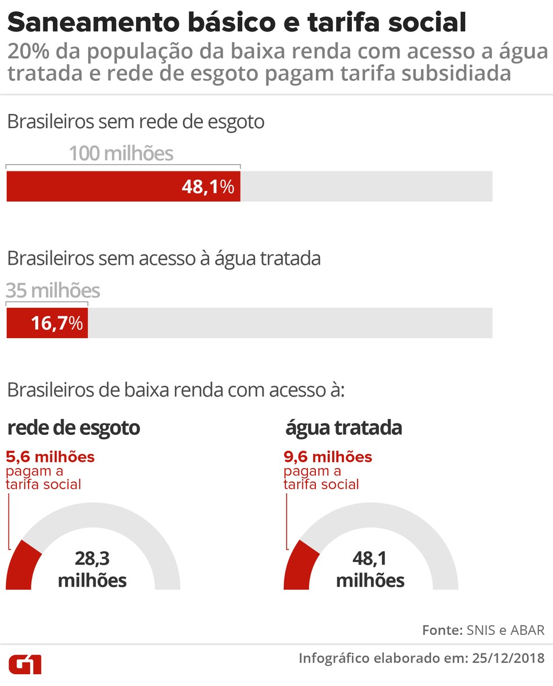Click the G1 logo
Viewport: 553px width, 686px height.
(x=25, y=664)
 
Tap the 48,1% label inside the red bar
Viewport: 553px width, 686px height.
(x=207, y=187)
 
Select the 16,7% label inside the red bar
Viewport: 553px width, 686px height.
(x=57, y=323)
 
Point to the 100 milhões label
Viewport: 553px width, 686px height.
(x=121, y=153)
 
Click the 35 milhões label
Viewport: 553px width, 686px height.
(x=53, y=290)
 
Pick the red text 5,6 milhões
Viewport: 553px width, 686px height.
(x=50, y=457)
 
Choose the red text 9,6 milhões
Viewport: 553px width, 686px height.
(x=328, y=457)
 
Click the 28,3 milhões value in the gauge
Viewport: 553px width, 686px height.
(x=92, y=569)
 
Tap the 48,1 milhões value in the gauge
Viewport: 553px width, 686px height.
(x=370, y=569)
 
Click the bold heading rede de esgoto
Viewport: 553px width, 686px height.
(x=74, y=428)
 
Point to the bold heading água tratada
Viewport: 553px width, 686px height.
(x=343, y=428)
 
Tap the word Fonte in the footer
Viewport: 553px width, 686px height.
(x=441, y=630)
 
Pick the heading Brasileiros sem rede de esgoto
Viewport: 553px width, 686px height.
(x=135, y=122)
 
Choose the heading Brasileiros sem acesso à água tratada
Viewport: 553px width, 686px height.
(x=164, y=258)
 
